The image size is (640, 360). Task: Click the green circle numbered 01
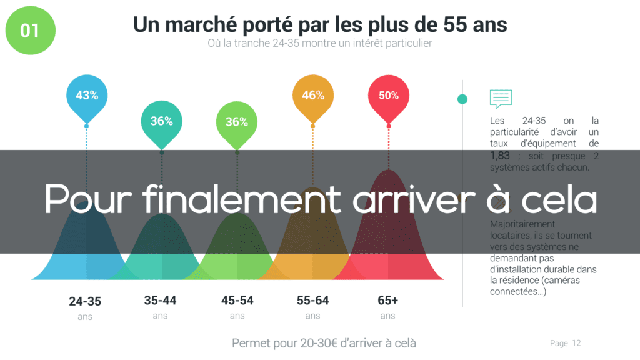30,30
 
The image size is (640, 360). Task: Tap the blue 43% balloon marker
87,96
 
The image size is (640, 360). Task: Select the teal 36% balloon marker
161,122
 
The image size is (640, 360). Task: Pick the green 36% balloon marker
237,122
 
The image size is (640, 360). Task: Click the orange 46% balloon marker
312,96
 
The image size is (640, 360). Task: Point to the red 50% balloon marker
388,96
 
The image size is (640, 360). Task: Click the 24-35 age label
85,301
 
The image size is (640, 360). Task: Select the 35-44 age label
161,301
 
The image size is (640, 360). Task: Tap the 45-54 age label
237,301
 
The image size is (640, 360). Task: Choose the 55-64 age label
313,301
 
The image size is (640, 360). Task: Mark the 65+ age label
388,301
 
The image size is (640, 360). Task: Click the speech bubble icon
501,99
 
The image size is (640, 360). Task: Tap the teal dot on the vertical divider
462,99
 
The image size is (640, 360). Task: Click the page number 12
576,343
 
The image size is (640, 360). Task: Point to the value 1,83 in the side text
501,156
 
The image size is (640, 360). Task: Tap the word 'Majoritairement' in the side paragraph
523,224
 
